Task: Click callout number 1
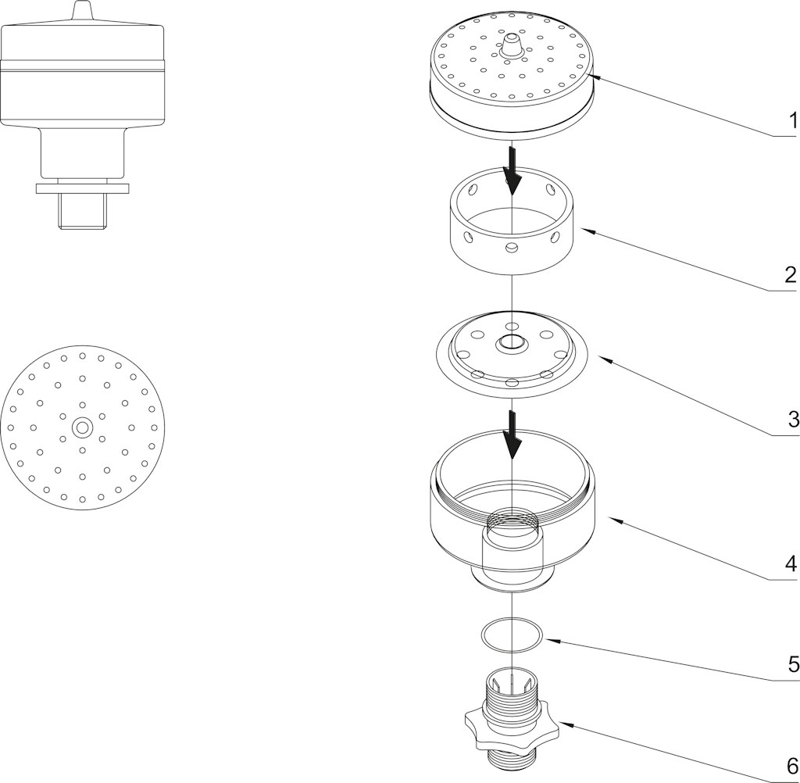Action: point(792,121)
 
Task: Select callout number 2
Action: point(791,275)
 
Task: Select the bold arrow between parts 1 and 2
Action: point(512,173)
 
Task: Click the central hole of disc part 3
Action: point(512,341)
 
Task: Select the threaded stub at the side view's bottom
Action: point(83,212)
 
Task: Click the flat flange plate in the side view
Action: point(83,188)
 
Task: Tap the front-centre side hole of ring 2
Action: point(511,248)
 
